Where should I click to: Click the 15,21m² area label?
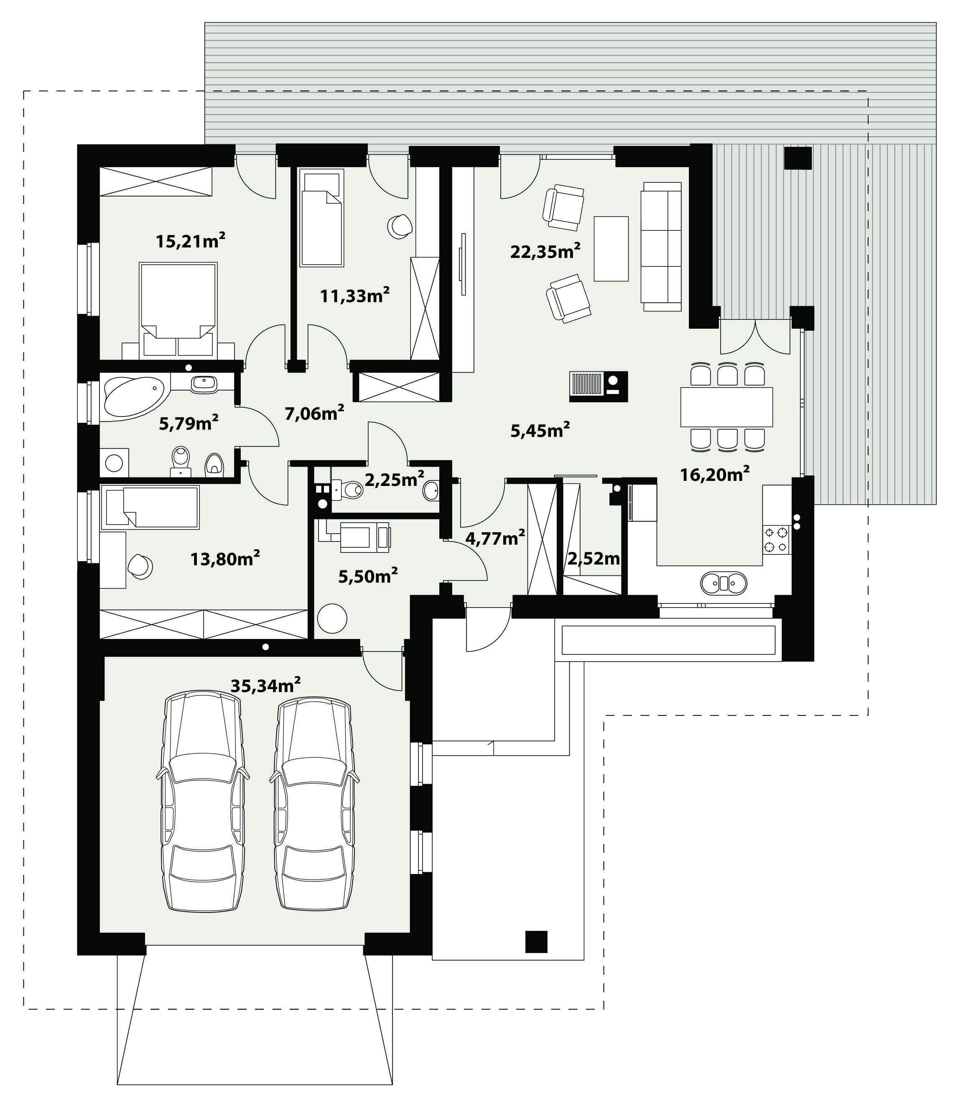(190, 241)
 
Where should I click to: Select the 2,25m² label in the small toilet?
(394, 479)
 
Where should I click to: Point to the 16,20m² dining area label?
(714, 474)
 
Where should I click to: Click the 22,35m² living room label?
(545, 251)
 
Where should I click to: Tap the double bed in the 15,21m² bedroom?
(178, 310)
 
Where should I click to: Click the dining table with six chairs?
(727, 407)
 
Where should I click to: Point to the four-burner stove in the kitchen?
(776, 539)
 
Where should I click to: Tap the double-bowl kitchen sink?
(724, 583)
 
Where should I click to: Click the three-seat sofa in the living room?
(662, 246)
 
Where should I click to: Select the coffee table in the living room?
(611, 248)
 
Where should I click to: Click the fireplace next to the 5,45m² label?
(599, 386)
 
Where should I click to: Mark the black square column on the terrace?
(798, 158)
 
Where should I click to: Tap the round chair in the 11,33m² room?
(400, 225)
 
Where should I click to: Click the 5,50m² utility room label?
(367, 576)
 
